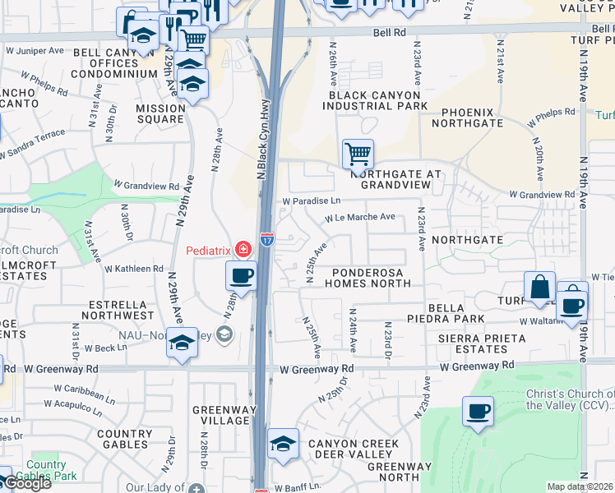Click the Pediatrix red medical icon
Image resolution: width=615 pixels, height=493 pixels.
pos(243,248)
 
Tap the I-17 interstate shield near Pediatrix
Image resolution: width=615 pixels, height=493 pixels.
pos(266,239)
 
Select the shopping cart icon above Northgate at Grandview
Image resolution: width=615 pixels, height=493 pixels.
pos(358,154)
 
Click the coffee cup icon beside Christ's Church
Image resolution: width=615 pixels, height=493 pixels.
pos(477,412)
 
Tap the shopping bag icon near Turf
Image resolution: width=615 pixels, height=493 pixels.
pos(539,287)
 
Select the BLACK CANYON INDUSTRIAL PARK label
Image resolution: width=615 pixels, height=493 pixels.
pos(377,100)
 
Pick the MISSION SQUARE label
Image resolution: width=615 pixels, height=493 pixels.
pos(160,113)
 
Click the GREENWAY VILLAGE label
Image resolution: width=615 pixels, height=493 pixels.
pos(220,415)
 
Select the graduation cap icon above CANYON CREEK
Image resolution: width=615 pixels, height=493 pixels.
pos(283,445)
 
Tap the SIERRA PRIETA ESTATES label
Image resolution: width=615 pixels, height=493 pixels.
pos(482,343)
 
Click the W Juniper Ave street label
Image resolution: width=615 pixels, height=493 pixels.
pos(35,49)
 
